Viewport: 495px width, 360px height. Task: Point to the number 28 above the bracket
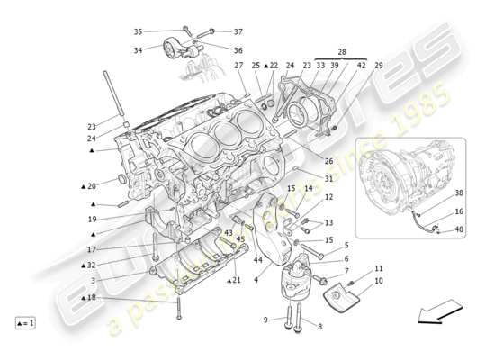pos(341,54)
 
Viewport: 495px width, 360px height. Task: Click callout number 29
pos(379,66)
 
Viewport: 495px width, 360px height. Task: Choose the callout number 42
pos(362,66)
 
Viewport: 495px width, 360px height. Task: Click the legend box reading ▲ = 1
pos(25,322)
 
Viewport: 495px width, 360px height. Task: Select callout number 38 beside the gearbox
pos(459,193)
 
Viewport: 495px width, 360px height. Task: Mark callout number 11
pos(379,268)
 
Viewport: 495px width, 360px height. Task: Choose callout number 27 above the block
pos(238,66)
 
